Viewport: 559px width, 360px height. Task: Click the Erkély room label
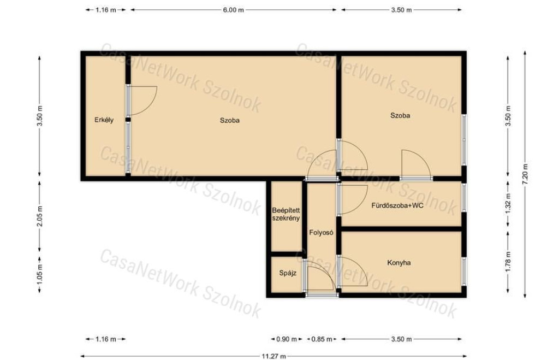click(104, 120)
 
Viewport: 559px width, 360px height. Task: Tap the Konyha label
click(399, 263)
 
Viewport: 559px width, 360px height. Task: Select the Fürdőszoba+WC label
click(397, 205)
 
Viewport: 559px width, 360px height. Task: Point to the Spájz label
click(287, 274)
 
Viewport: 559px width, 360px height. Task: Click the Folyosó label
click(321, 233)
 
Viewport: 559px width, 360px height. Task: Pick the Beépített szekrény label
click(286, 214)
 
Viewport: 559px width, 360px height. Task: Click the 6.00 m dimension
click(234, 10)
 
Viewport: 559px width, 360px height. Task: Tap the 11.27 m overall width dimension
click(274, 356)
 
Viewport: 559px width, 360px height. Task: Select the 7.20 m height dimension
click(525, 174)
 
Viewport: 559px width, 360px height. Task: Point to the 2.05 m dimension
click(40, 216)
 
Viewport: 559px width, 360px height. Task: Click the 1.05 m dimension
click(40, 275)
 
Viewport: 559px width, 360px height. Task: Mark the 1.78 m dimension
click(508, 262)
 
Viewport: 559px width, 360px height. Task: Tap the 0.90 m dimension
click(287, 339)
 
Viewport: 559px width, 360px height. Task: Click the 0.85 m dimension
click(322, 339)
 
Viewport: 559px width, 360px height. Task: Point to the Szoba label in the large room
click(230, 121)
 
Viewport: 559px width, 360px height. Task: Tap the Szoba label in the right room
click(400, 116)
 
